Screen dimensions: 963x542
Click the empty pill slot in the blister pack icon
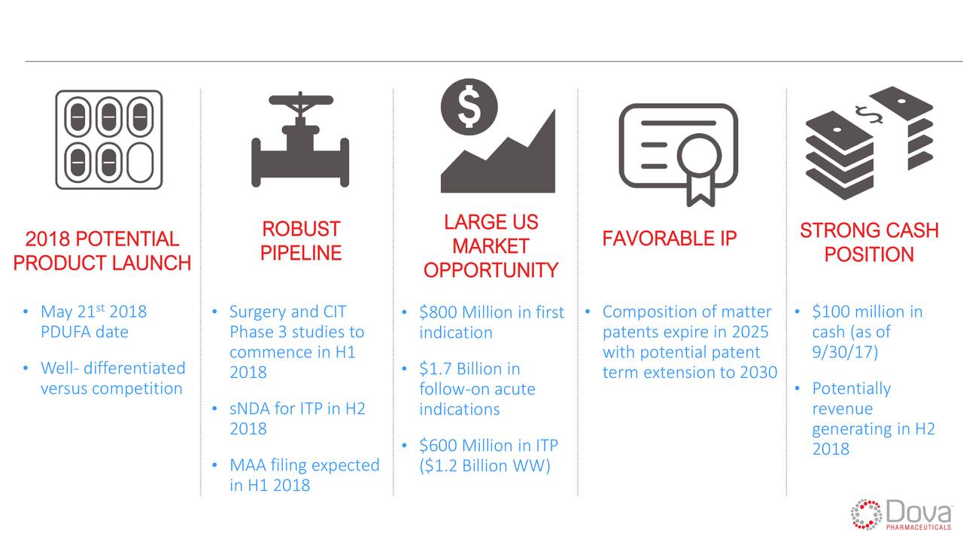[141, 163]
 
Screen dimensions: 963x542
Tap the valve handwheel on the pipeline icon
[301, 100]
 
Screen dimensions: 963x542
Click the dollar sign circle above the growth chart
[469, 107]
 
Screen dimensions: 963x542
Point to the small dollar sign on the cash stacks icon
[868, 114]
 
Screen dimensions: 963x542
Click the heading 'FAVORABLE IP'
[670, 239]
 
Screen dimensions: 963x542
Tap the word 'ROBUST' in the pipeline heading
[301, 229]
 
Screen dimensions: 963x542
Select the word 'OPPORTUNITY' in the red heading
[491, 270]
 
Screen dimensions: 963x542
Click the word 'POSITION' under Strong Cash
[869, 254]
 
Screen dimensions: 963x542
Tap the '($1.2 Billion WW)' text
[485, 465]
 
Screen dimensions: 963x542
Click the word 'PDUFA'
[64, 332]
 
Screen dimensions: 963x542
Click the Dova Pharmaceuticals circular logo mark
[866, 514]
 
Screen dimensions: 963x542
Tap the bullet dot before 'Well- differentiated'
[26, 368]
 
